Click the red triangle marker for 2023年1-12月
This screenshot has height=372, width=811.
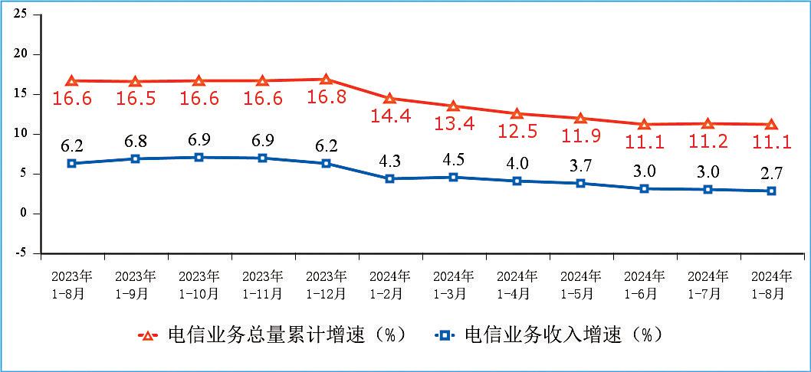pyautogui.click(x=326, y=79)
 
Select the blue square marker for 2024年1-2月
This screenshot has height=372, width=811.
pyautogui.click(x=389, y=178)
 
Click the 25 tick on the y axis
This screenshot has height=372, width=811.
pyautogui.click(x=21, y=15)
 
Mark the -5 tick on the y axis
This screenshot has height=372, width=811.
pyautogui.click(x=21, y=253)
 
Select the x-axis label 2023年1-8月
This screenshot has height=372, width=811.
pyautogui.click(x=71, y=283)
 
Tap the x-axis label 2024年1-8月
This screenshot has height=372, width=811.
pyautogui.click(x=772, y=283)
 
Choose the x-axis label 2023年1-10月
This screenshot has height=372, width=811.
pyautogui.click(x=199, y=283)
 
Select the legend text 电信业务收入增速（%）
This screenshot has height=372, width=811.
pyautogui.click(x=563, y=335)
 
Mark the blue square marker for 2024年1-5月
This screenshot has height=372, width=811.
pyautogui.click(x=580, y=184)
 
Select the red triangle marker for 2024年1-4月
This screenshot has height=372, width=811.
pyautogui.click(x=517, y=113)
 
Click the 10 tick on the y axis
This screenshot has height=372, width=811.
pyautogui.click(x=21, y=134)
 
